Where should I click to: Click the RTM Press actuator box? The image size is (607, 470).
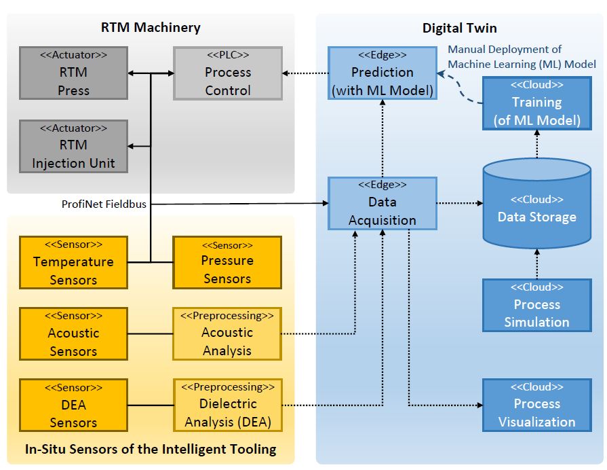(x=73, y=73)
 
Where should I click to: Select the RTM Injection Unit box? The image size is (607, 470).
(x=73, y=146)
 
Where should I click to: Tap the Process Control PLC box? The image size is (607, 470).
(x=227, y=73)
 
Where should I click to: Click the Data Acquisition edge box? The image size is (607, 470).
(x=382, y=203)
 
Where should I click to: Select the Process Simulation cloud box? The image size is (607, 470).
(x=536, y=305)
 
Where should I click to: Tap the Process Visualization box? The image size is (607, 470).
(x=536, y=405)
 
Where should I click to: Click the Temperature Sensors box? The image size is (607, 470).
(x=73, y=262)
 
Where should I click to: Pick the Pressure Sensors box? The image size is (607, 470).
(x=227, y=261)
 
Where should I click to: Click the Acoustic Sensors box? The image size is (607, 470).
(x=73, y=334)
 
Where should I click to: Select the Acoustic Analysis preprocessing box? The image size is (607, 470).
(x=227, y=333)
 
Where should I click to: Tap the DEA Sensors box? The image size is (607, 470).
(x=73, y=405)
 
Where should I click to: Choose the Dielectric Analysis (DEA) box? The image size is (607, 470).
(x=227, y=405)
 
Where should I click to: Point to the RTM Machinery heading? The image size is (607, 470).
(x=151, y=28)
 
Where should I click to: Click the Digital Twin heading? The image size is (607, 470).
(x=459, y=28)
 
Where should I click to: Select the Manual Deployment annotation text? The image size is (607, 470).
(x=521, y=57)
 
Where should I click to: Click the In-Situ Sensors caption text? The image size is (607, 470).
(x=150, y=449)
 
